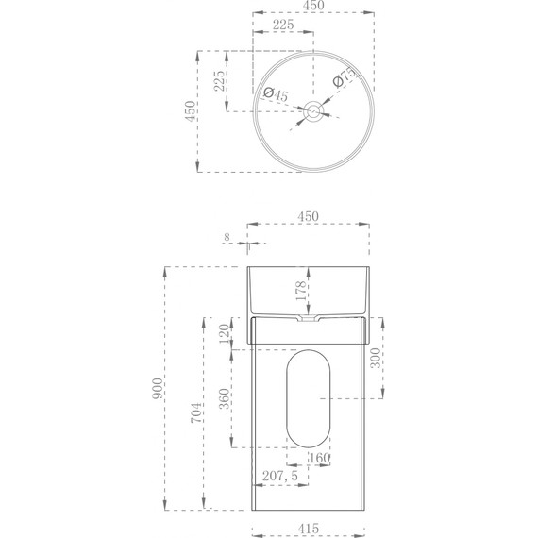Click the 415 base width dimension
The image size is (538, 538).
[308, 529]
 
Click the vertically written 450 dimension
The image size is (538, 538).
[190, 111]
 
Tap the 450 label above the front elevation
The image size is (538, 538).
[308, 215]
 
